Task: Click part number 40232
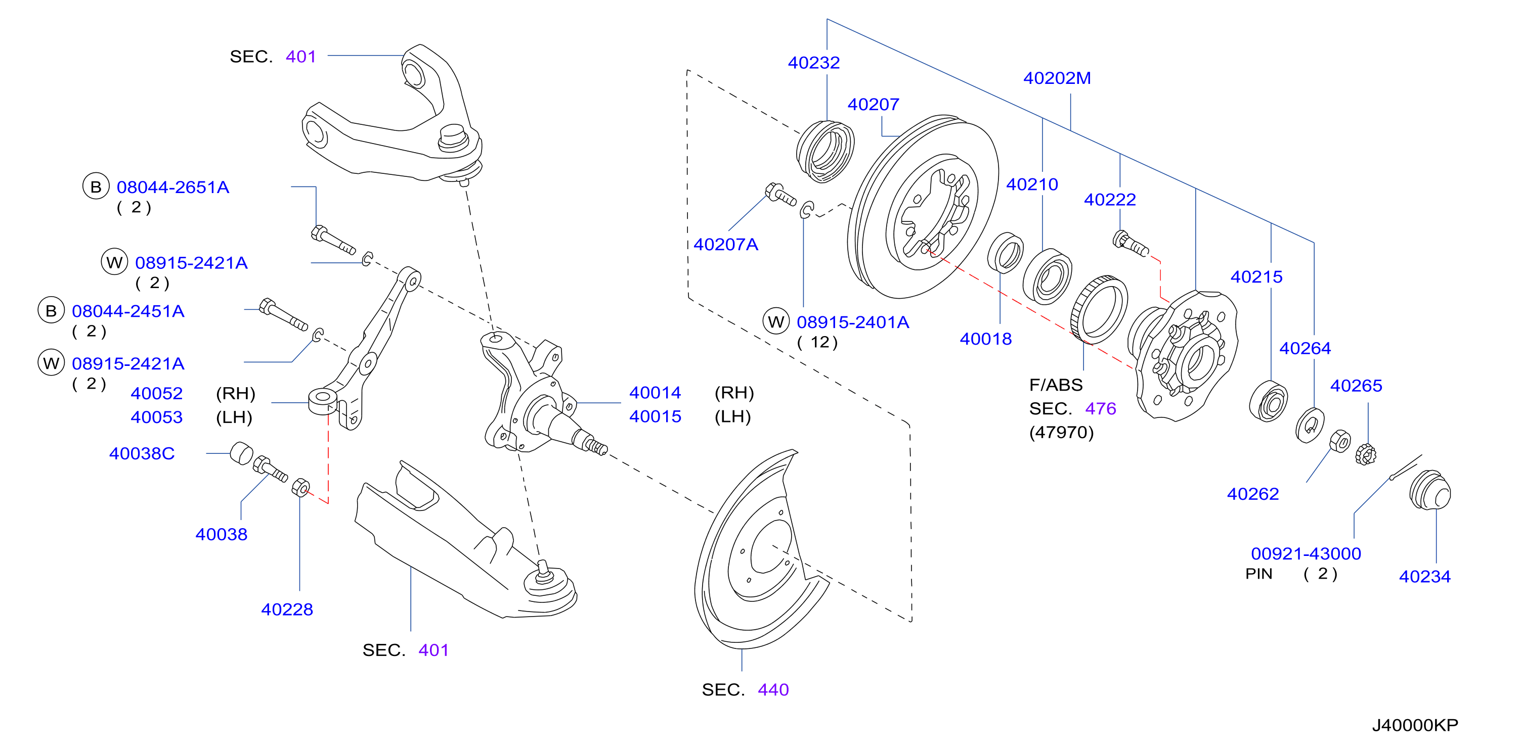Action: [x=814, y=63]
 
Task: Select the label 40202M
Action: [x=1057, y=78]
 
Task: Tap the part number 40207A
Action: [x=726, y=244]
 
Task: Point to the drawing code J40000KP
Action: [x=1415, y=725]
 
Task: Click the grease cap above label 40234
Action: [x=1429, y=490]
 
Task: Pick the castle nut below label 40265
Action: [x=1365, y=454]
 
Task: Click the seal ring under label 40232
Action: [x=825, y=152]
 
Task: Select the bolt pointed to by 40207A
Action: [x=780, y=194]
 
